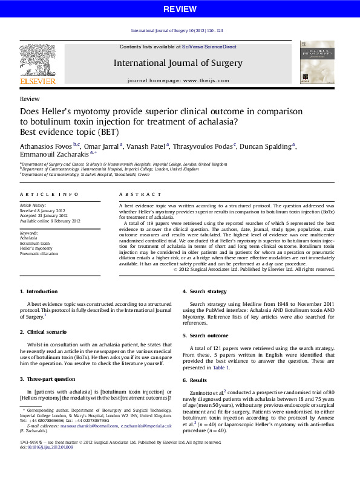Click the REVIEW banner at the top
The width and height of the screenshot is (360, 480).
click(180, 9)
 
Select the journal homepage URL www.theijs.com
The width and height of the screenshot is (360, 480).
click(206, 80)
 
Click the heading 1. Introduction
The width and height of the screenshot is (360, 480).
click(39, 292)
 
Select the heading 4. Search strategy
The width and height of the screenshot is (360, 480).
click(205, 292)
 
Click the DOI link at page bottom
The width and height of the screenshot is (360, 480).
click(42, 464)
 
